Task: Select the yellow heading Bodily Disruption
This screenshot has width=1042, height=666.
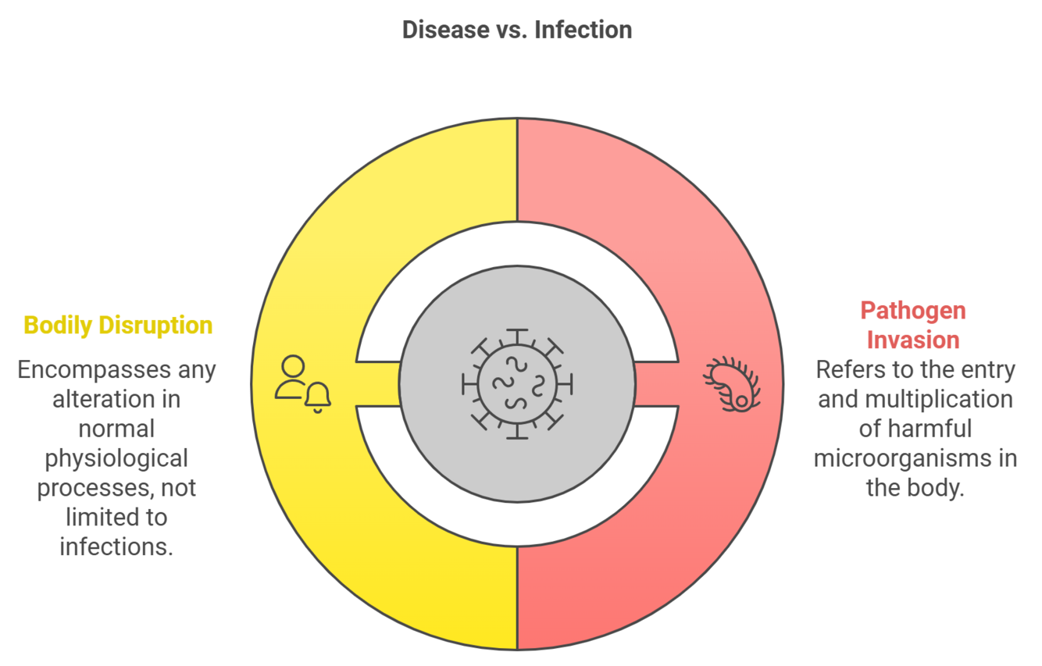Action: pos(118,325)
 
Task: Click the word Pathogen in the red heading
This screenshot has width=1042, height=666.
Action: pos(913,311)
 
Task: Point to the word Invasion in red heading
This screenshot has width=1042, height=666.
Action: pos(913,340)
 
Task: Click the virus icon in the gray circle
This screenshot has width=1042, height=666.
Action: pos(517,383)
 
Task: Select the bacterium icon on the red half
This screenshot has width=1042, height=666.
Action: pos(733,383)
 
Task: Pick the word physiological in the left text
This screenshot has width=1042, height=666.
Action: pos(116,458)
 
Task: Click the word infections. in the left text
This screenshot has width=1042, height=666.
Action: pos(116,547)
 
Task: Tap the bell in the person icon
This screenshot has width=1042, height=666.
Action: pos(318,397)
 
